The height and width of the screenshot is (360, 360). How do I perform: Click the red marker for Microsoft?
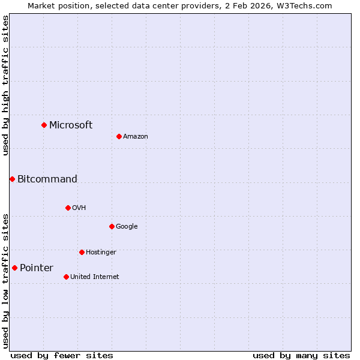coord(44,125)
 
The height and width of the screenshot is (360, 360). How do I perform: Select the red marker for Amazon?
coord(119,136)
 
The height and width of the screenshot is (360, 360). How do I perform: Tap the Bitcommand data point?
coord(12,179)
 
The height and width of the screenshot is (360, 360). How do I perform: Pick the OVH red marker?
coord(68,208)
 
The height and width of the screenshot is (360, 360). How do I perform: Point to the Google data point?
coord(112,226)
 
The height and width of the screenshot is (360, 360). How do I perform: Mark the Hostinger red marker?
coord(82,252)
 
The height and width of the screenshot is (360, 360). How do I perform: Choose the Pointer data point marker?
coord(14,268)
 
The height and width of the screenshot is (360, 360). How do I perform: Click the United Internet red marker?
coord(66,277)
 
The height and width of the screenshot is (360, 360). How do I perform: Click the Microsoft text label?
coord(71,125)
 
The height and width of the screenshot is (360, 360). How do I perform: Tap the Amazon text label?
coord(136,137)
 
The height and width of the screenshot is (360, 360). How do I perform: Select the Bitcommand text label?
coord(47,179)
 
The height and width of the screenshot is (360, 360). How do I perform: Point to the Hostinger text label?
coord(101,253)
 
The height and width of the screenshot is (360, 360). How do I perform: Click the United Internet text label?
coord(95,277)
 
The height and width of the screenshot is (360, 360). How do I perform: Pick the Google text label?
coord(127,227)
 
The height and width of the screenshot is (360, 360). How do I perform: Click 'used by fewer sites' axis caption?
coord(62,355)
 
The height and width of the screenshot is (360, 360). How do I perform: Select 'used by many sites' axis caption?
coord(301,355)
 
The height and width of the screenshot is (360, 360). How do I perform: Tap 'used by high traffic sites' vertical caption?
coord(5,85)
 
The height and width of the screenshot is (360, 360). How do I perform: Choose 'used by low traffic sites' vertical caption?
coord(5,281)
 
